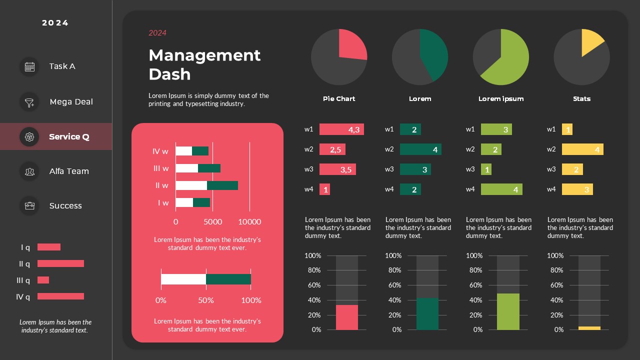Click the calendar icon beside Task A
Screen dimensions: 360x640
(29, 66)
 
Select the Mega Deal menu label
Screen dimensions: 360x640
(71, 101)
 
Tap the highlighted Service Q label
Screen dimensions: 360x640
(69, 136)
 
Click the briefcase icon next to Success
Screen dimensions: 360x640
(29, 205)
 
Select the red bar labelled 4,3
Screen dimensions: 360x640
(341, 129)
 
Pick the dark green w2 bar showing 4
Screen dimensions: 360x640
(420, 149)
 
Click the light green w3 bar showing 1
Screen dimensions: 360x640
(486, 169)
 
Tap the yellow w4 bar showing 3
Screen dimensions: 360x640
(577, 189)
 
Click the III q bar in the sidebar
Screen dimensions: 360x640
(43, 280)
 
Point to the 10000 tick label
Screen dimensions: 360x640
(249, 222)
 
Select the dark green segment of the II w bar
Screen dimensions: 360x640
(222, 185)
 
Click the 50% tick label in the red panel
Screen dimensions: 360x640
(205, 300)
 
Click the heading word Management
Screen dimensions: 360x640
(204, 55)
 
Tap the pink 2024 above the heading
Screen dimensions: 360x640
(157, 33)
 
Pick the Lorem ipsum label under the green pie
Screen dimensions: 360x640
(500, 99)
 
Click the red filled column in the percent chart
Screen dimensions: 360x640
(346, 317)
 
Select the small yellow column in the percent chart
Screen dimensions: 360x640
(589, 328)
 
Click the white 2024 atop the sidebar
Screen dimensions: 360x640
(55, 23)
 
